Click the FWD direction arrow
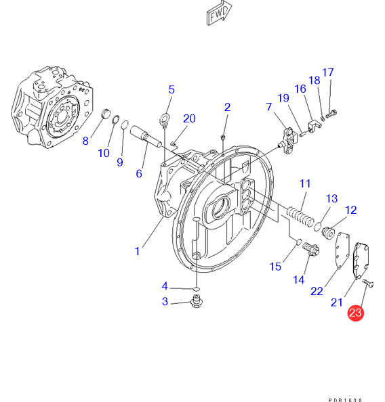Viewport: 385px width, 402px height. click(x=219, y=13)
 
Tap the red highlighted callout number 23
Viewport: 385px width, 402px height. click(x=355, y=313)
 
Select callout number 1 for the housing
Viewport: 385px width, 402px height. click(x=138, y=251)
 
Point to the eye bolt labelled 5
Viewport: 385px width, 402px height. click(x=164, y=120)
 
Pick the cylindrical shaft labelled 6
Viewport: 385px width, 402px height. click(x=146, y=137)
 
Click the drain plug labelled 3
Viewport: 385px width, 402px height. click(x=197, y=301)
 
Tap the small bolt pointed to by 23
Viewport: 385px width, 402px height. click(x=368, y=283)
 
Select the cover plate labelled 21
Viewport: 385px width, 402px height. click(x=361, y=261)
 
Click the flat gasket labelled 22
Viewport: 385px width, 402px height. click(x=342, y=250)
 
